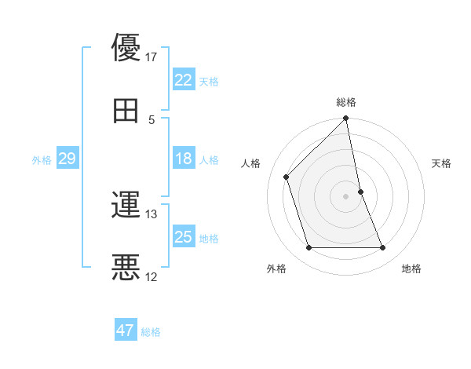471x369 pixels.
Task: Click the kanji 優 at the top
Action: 126,48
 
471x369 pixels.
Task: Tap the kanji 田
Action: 126,111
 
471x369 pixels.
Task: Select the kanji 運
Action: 126,206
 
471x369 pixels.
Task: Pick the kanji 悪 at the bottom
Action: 126,268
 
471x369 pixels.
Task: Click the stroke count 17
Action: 151,57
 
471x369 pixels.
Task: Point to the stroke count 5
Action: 152,119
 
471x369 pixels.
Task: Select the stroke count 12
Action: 151,276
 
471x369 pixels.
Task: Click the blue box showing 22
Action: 184,80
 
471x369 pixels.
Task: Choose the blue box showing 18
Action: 184,159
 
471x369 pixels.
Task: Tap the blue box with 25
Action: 184,237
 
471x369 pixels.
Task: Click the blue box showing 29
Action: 67,159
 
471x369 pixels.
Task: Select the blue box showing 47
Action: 126,331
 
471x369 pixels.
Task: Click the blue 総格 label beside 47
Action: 151,332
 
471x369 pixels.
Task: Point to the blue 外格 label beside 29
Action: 42,159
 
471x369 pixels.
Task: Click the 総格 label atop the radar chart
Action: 346,102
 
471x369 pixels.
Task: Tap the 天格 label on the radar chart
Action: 441,163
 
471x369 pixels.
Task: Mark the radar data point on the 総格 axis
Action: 346,119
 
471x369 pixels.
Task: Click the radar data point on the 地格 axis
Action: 383,248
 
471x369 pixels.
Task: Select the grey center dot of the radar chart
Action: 346,196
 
